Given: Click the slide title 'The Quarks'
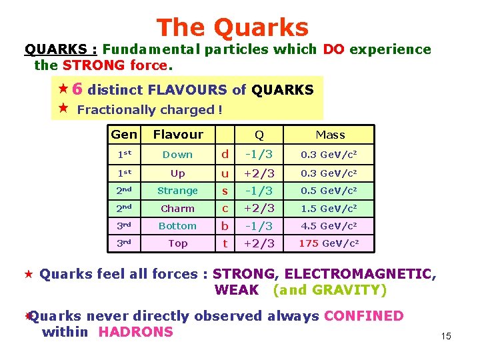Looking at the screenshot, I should point(233,27).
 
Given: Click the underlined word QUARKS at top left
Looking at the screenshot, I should point(56,49).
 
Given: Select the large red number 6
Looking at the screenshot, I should point(77,89).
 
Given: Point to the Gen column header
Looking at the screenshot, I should point(124,135).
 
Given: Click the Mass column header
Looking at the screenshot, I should point(330,135).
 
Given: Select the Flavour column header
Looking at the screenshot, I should point(178,135).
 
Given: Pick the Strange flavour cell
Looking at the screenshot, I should point(178,191).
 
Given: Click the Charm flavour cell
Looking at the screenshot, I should point(178,209).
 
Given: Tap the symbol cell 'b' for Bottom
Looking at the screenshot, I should point(225,226).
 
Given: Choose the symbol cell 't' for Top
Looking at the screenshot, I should point(225,244).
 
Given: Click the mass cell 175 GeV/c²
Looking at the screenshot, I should point(330,244).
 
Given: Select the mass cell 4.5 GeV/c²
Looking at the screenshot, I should point(330,226).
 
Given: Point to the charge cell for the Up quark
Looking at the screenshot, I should point(259,173).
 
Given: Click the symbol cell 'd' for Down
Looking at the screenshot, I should point(225,155).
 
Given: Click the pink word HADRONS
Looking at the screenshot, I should point(135,332).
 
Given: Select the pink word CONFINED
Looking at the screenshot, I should point(363,316).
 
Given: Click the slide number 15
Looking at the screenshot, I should point(446,336).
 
